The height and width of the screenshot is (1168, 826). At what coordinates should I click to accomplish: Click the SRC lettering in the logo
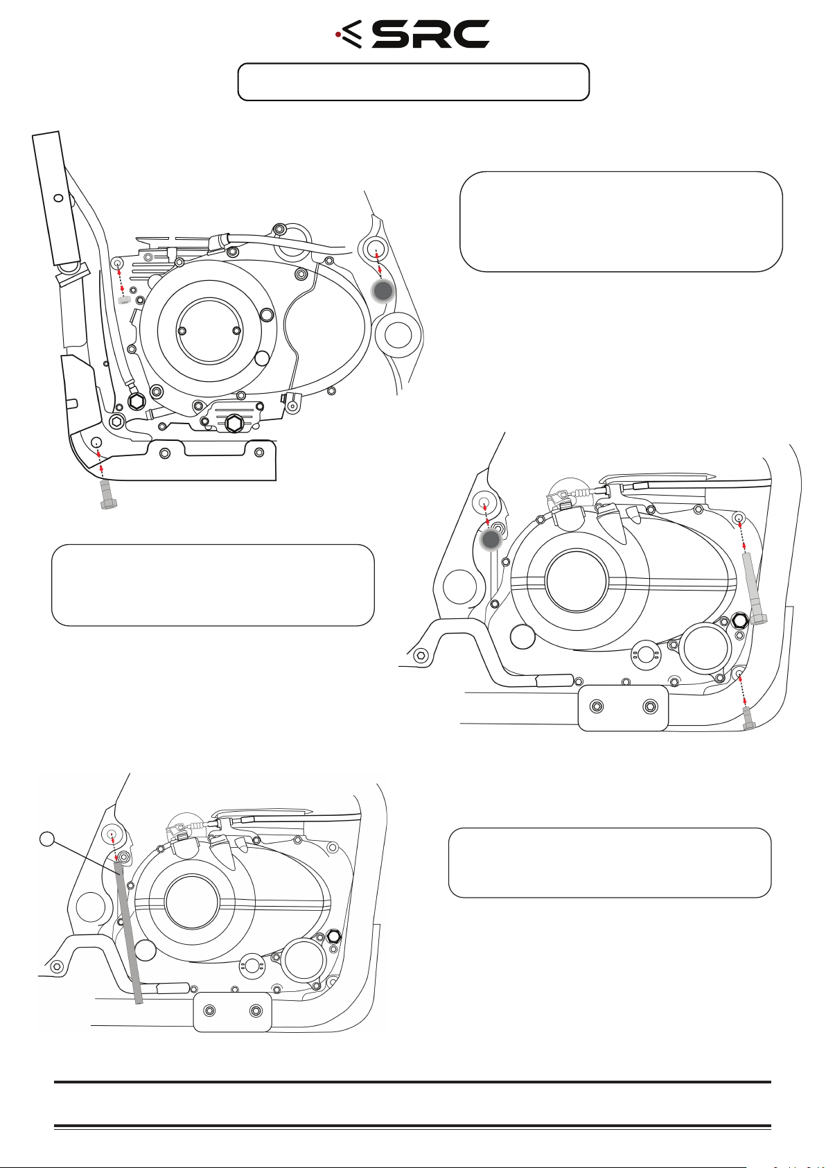point(430,35)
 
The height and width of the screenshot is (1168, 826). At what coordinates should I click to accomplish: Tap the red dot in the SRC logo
point(337,35)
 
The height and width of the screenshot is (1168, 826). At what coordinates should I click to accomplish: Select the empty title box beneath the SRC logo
point(413,82)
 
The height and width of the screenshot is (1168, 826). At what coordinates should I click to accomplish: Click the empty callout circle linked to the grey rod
point(47,839)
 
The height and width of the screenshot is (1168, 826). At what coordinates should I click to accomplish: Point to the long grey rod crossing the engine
point(129,933)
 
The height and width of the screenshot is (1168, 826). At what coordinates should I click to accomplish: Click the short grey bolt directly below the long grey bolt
point(748,720)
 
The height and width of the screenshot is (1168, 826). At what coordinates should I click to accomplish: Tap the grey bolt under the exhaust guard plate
point(107,495)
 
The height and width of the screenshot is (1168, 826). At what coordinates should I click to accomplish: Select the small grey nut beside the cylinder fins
point(124,300)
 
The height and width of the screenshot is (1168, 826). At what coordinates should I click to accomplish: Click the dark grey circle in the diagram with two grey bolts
point(491,540)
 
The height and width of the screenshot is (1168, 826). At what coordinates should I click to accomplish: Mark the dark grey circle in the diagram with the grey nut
point(383,291)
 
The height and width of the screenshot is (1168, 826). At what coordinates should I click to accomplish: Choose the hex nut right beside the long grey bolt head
point(739,620)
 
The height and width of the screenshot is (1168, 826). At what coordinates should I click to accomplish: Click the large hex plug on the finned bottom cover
point(234,423)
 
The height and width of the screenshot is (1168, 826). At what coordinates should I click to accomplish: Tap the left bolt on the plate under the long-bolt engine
point(597,706)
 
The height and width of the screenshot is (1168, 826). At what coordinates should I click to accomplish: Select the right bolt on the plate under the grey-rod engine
point(256,1011)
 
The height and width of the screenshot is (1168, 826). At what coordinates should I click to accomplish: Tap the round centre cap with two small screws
point(209,331)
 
